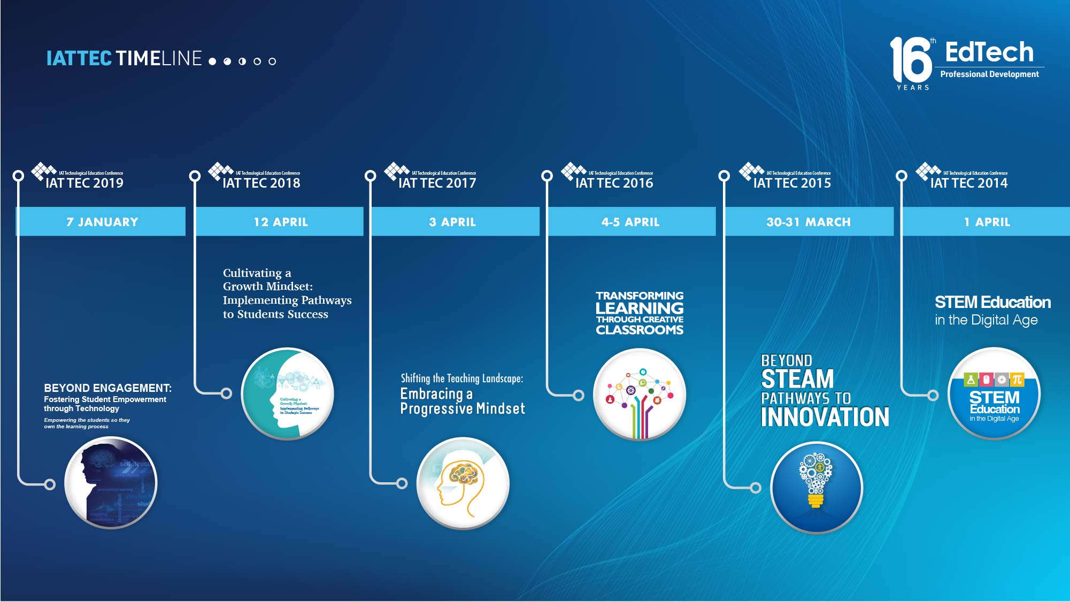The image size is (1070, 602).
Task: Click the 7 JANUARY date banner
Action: pos(102,221)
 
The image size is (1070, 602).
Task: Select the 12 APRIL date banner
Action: pos(280,221)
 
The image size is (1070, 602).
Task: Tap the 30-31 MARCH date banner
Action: pos(808,221)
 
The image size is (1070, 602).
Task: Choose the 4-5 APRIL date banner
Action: pos(630,221)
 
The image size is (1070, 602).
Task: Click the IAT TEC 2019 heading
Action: pos(84,183)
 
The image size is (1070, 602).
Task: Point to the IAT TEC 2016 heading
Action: pos(614,183)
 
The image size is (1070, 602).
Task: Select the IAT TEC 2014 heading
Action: pos(968,183)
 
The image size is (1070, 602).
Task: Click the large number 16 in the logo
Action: pos(910,60)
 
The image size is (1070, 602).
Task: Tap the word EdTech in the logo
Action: pos(989,52)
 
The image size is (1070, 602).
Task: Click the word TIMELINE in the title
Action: pos(159,58)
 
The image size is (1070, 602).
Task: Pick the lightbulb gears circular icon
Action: pos(816,487)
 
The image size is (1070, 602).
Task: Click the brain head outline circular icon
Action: pos(463,483)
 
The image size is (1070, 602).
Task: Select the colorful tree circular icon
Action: pos(640,394)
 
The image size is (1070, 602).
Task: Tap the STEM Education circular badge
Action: pos(994,394)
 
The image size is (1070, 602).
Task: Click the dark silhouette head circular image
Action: pos(111,483)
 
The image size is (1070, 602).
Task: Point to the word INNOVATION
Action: pos(825,417)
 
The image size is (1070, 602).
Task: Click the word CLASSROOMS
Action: pos(640,330)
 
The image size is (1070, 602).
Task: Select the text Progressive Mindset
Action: pos(463,409)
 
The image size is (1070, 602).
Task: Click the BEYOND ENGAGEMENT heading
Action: pos(107,388)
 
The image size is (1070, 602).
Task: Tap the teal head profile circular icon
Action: pos(287,394)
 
